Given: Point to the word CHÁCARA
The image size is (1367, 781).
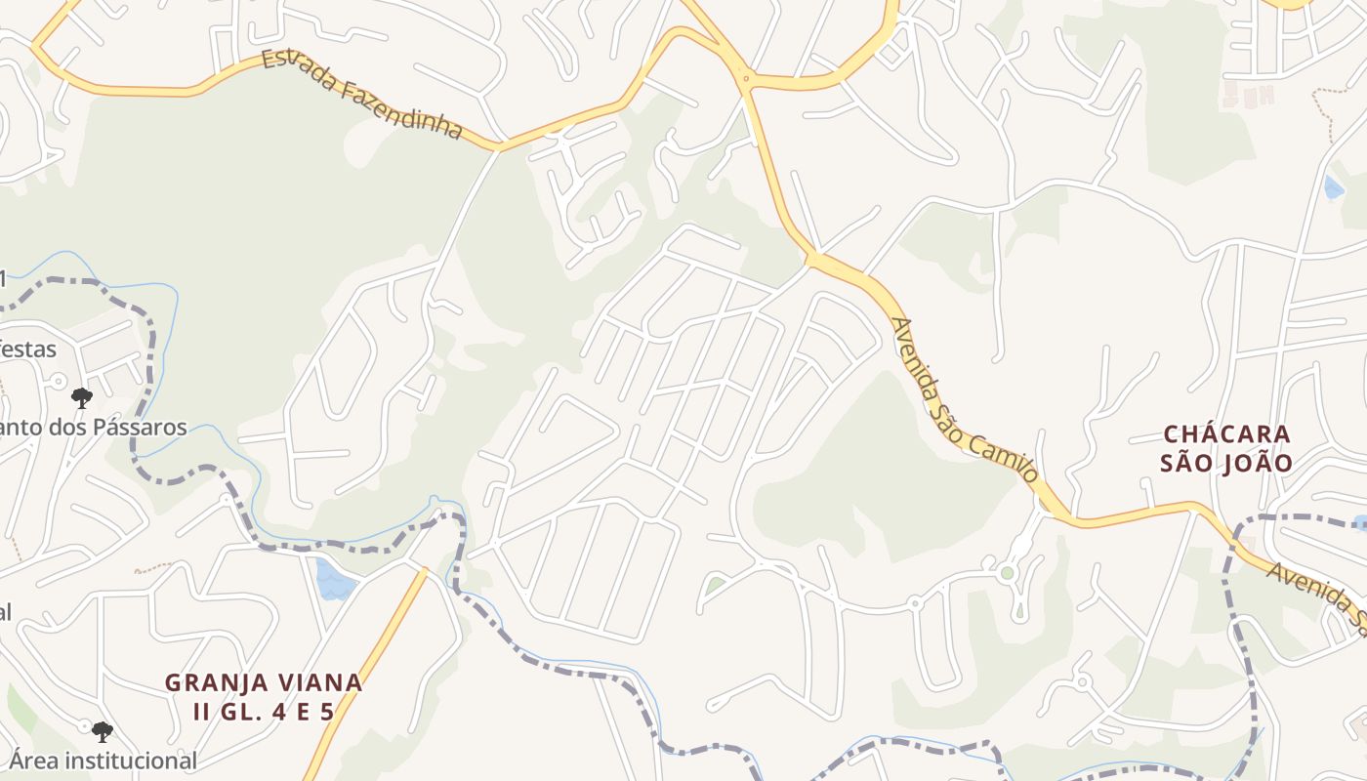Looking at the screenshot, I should click(x=1226, y=433).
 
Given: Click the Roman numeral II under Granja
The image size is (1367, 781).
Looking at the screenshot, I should click(x=202, y=712).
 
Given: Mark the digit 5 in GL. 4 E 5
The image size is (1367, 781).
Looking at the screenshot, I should click(x=326, y=712).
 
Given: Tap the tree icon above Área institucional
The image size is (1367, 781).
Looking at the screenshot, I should click(x=102, y=731).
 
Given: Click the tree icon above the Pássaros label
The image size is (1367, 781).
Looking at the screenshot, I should click(x=82, y=397).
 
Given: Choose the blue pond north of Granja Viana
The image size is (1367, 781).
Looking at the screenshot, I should click(x=335, y=580).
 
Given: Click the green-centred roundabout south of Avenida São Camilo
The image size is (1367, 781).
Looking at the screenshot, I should click(x=1007, y=573).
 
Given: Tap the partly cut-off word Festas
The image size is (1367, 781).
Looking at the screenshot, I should click(x=27, y=349).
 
